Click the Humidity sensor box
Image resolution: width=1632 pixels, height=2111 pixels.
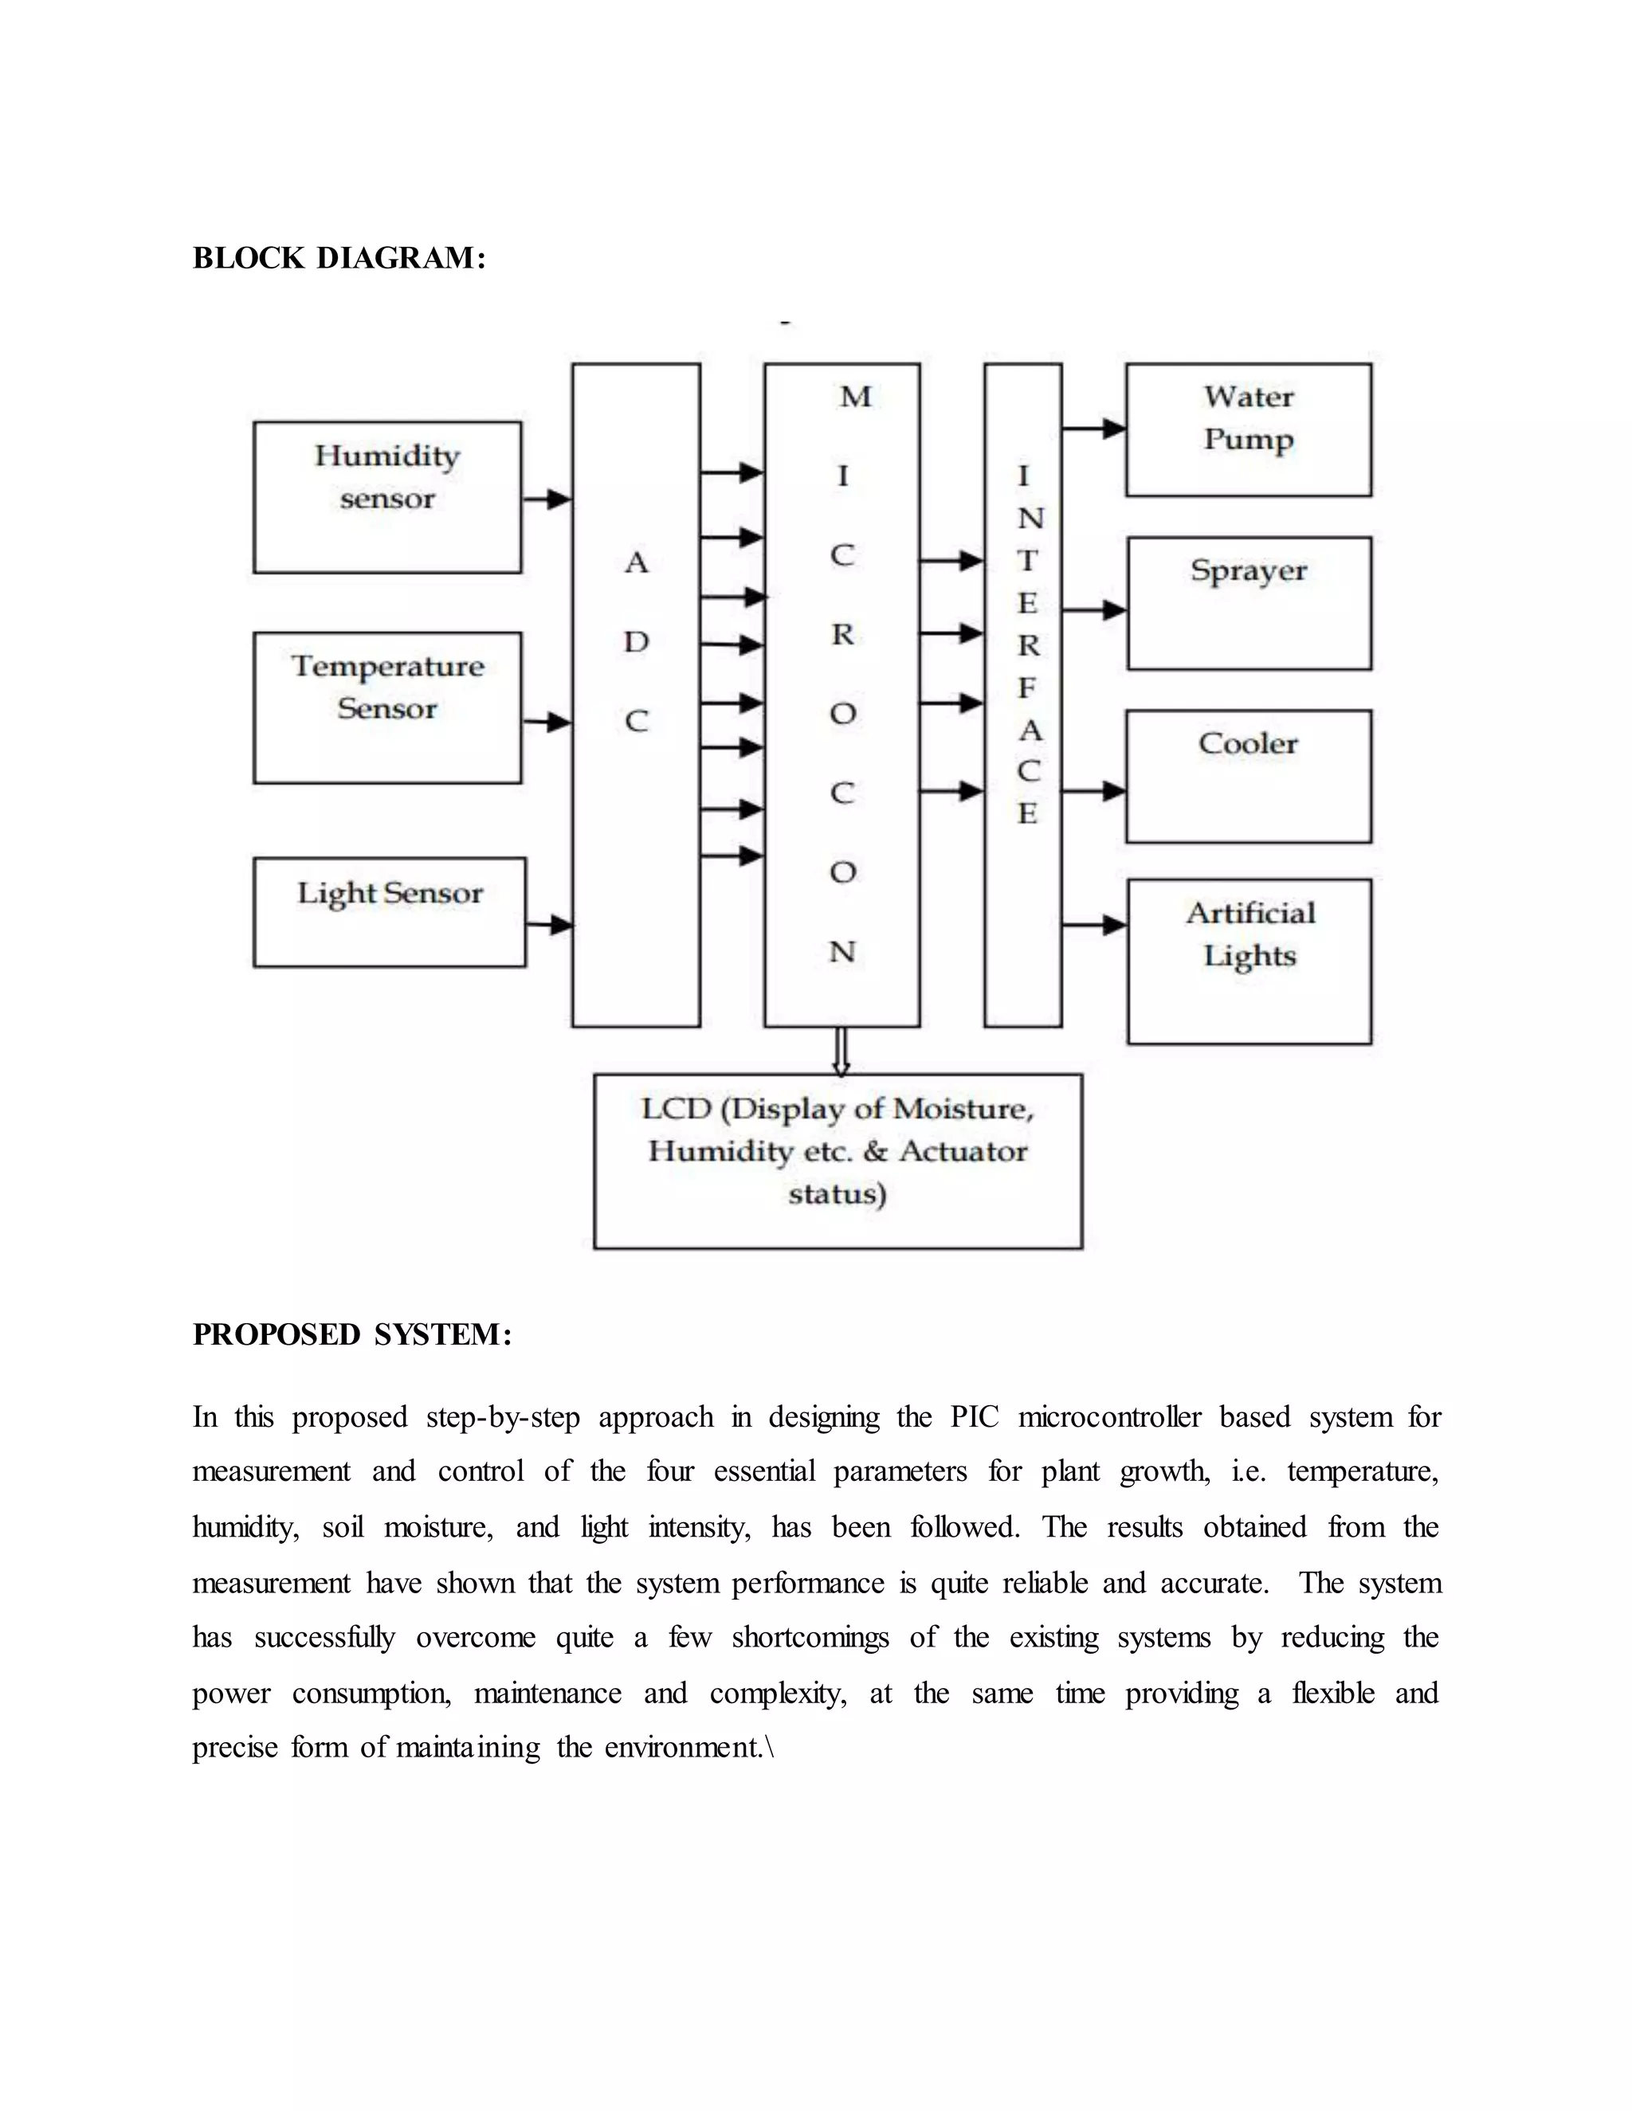[x=386, y=497]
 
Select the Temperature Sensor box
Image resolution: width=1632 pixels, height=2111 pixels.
[x=386, y=707]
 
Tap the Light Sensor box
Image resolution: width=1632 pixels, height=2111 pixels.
[x=390, y=911]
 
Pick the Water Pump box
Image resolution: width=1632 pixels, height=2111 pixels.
[x=1248, y=430]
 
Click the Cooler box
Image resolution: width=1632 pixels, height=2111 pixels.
[x=1248, y=776]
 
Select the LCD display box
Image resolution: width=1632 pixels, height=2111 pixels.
[x=838, y=1161]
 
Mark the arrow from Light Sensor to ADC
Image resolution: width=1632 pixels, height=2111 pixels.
[x=550, y=925]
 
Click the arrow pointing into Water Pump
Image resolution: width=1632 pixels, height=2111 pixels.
[x=1094, y=429]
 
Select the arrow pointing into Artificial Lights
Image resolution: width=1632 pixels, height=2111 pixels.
[x=1094, y=925]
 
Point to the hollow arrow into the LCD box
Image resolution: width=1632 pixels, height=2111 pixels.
[x=841, y=1051]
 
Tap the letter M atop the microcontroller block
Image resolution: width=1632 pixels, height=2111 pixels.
[x=855, y=396]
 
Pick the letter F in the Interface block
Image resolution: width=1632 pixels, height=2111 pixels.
[x=1026, y=688]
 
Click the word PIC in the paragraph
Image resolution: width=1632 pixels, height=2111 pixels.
[x=974, y=1418]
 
